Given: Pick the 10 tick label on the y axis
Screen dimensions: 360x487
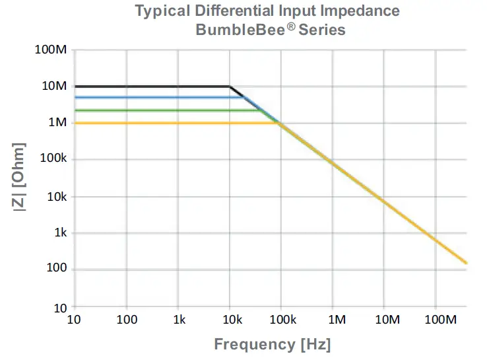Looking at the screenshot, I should coord(61,307).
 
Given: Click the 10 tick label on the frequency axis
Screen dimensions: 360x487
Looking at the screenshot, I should coord(75,320).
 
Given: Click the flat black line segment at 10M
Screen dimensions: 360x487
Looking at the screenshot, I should coord(152,86).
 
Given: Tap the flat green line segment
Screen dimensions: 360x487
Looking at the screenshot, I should coord(165,110).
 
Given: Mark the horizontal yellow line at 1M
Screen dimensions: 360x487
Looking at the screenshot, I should coord(172,123).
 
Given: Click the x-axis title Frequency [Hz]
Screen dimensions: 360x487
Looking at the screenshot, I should coord(272,344).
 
